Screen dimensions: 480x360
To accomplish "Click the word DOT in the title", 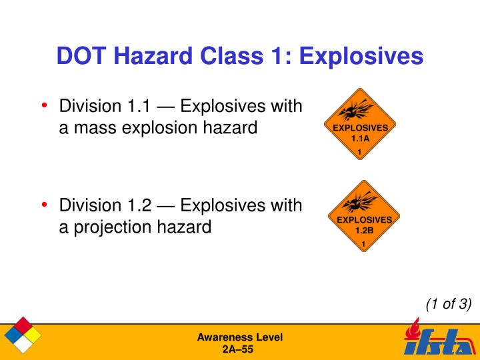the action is pyautogui.click(x=81, y=56).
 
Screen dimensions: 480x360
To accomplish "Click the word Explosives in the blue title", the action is pyautogui.click(x=361, y=57).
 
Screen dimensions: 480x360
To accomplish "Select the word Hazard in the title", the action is pyautogui.click(x=153, y=56).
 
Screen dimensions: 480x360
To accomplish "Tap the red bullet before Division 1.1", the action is pyautogui.click(x=45, y=105).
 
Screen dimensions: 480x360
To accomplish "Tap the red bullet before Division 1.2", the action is pyautogui.click(x=45, y=205).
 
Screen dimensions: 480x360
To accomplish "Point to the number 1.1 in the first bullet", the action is pyautogui.click(x=139, y=106).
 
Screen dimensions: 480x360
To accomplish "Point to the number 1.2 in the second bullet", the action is pyautogui.click(x=139, y=205).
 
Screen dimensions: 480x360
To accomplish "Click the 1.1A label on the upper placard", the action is pyautogui.click(x=360, y=139).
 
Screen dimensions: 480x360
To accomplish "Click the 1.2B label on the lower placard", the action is pyautogui.click(x=364, y=231).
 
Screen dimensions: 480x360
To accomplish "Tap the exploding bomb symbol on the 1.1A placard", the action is pyautogui.click(x=356, y=110).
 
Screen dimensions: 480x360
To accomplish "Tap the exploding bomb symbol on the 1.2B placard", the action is pyautogui.click(x=360, y=202).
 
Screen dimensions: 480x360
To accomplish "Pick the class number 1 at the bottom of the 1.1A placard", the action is pyautogui.click(x=360, y=152).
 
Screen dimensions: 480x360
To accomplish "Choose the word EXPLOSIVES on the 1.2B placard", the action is pyautogui.click(x=364, y=220).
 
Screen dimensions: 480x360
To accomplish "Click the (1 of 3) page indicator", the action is pyautogui.click(x=449, y=304).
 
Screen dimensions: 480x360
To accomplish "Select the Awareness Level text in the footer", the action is pyautogui.click(x=240, y=337).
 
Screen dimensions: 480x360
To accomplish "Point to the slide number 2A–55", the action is pyautogui.click(x=238, y=349).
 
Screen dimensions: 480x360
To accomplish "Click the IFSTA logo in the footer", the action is pyautogui.click(x=440, y=338).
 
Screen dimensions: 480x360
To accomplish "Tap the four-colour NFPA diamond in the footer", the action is pyautogui.click(x=23, y=335).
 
